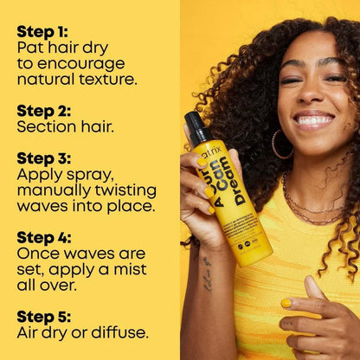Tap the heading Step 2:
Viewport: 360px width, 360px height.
45,111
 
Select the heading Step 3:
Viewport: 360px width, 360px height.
46,158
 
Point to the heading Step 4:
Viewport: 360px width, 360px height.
46,237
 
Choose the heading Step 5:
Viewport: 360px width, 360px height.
46,316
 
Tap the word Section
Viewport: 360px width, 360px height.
45,126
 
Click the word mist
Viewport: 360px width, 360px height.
134,269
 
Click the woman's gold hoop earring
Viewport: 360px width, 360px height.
280,144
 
